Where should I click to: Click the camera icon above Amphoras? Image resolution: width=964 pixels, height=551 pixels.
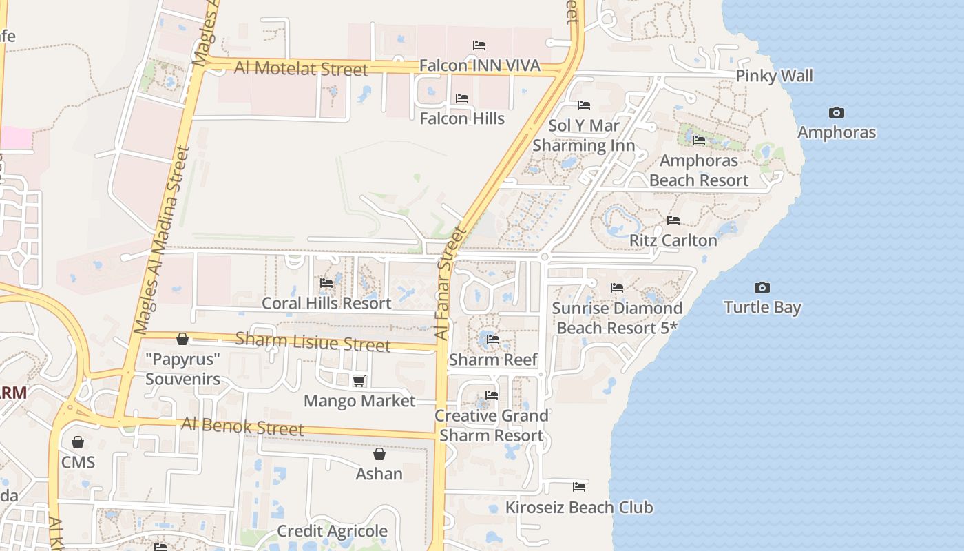tap(837, 112)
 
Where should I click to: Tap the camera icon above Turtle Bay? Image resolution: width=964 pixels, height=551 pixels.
tap(762, 287)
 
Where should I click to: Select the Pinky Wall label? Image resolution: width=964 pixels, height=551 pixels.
tap(775, 76)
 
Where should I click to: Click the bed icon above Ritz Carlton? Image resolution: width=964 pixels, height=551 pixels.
tap(673, 220)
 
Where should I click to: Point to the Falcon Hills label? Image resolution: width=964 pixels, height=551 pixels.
tap(462, 118)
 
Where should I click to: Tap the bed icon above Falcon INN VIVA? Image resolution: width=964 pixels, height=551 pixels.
tap(479, 45)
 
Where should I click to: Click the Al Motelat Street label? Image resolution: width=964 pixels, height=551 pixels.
tap(301, 69)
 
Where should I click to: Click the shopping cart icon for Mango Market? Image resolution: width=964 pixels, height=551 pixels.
tap(359, 381)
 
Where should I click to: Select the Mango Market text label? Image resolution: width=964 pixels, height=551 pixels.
tap(359, 401)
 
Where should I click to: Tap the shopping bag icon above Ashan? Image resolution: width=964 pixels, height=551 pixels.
tap(379, 454)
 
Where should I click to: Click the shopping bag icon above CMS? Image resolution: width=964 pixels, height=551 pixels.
tap(78, 442)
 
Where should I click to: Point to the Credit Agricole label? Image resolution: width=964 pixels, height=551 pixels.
tap(332, 531)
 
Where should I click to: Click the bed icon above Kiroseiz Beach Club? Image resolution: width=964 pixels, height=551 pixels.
tap(579, 487)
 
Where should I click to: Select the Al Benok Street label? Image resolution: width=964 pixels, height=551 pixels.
tap(242, 426)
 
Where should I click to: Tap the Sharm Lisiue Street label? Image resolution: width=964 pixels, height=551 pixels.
tap(313, 342)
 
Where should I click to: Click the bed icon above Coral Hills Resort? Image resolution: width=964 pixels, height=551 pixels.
tap(326, 283)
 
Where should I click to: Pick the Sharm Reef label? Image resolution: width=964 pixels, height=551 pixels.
tap(493, 360)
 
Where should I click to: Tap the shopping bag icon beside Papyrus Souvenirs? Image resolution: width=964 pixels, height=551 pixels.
tap(182, 339)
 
